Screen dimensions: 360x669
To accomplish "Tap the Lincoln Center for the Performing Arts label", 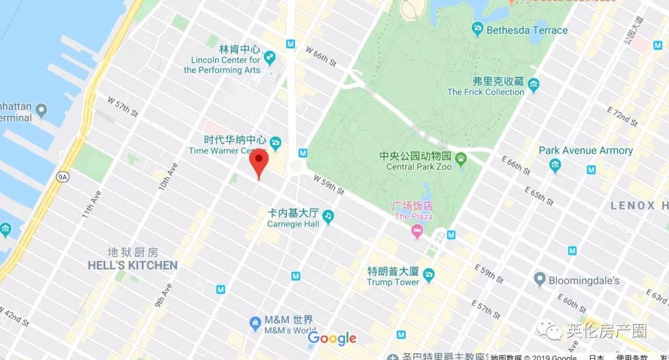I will pos(222,65).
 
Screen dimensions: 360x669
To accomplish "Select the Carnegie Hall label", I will pos(294,224).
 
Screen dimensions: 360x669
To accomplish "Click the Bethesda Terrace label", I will pos(527,30).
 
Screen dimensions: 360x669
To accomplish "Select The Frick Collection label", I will pos(486,92).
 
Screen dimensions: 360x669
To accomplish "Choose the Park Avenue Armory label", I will pos(585,151).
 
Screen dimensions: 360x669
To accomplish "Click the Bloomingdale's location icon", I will pos(539,280).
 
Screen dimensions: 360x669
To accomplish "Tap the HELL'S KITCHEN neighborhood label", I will pos(133,265).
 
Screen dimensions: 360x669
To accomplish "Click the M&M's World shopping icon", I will pos(255,323).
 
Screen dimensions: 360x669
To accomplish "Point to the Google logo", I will pos(332,338).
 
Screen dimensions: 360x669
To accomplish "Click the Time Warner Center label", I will pos(227,151).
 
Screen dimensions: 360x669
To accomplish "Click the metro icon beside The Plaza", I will pos(451,234).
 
